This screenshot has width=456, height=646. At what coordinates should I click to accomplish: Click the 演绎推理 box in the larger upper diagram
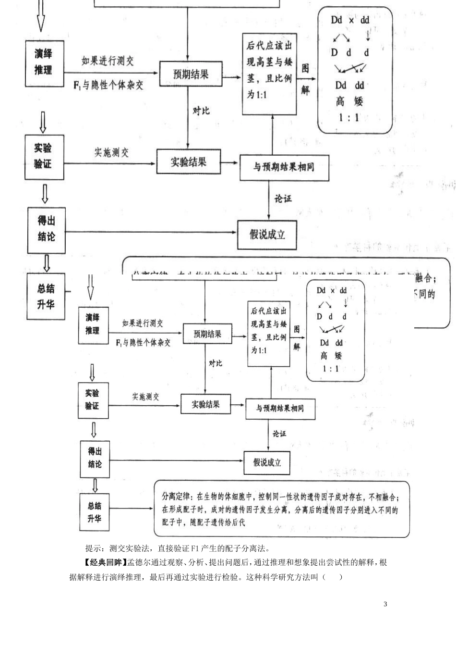[x=44, y=63]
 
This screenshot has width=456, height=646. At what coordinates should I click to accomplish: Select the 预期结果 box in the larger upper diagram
[x=191, y=74]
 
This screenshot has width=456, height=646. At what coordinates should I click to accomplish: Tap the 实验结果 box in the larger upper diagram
[x=188, y=161]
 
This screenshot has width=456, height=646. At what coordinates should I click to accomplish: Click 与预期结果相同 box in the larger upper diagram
[x=284, y=167]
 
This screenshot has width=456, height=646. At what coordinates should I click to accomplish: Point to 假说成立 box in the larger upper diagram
[x=267, y=235]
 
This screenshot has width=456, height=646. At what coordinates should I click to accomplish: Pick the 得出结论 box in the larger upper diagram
[x=46, y=229]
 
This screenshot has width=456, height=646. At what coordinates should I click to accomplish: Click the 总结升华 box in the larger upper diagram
[x=46, y=296]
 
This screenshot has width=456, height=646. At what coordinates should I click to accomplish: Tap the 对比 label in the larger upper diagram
[x=201, y=111]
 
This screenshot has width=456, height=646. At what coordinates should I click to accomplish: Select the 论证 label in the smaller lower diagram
[x=279, y=434]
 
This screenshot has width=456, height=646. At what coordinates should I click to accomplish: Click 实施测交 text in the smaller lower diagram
[x=145, y=397]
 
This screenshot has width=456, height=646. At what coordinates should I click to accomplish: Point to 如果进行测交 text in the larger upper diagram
[x=108, y=61]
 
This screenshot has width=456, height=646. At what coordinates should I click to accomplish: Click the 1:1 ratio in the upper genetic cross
[x=349, y=117]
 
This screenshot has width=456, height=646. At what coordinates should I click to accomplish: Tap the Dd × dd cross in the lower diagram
[x=331, y=290]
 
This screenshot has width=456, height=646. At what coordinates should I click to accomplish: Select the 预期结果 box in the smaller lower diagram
[x=207, y=334]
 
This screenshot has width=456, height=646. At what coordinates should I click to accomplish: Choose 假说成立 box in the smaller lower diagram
[x=267, y=462]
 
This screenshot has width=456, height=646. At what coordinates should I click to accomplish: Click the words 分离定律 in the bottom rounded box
[x=176, y=496]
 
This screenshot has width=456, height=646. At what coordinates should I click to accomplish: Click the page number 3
[x=385, y=604]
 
